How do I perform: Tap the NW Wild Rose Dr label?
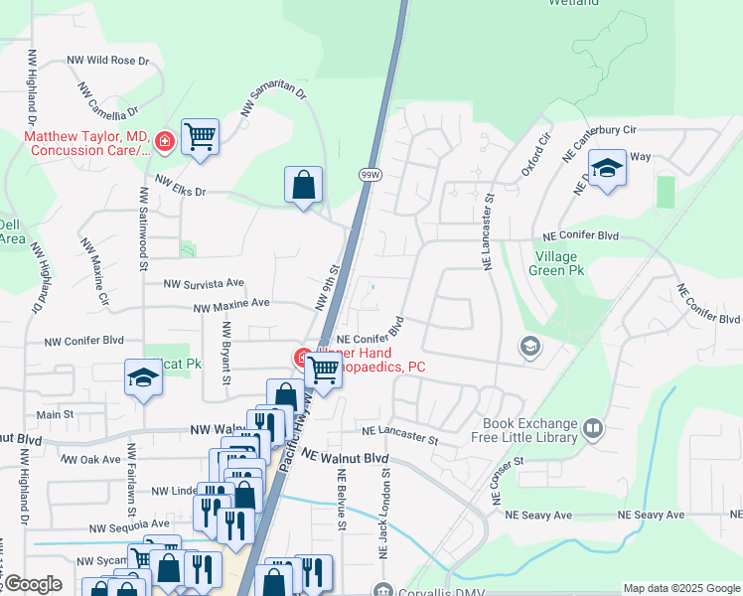107,61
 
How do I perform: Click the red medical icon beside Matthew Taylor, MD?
164,143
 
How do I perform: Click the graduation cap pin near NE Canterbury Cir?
606,168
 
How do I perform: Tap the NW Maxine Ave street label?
230,304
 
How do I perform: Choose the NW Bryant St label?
227,353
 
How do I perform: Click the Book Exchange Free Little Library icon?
593,428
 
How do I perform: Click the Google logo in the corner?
32,584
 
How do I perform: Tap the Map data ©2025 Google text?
680,588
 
